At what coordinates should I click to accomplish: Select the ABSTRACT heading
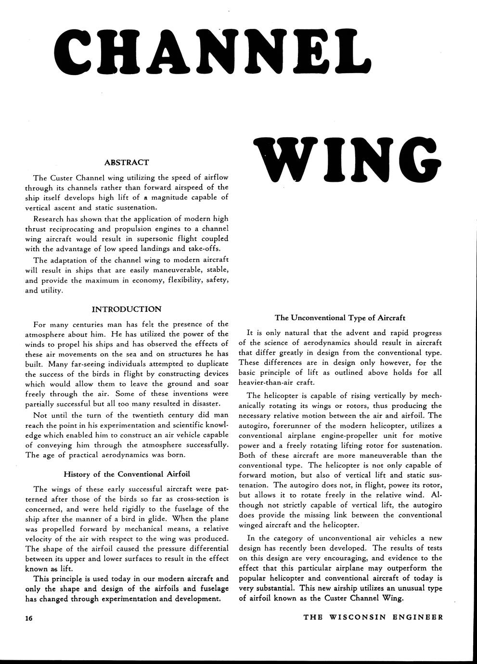pyautogui.click(x=127, y=163)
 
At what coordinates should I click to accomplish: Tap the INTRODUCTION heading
pyautogui.click(x=127, y=309)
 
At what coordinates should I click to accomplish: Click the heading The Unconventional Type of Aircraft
pyautogui.click(x=340, y=318)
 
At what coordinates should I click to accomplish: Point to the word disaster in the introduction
pyautogui.click(x=206, y=403)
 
